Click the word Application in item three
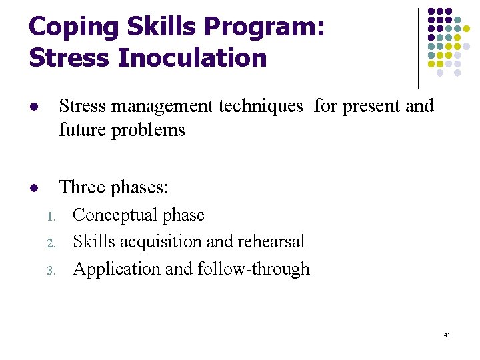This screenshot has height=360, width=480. pos(111,269)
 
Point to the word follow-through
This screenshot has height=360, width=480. pos(253,269)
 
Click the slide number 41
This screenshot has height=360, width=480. pos(447,335)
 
